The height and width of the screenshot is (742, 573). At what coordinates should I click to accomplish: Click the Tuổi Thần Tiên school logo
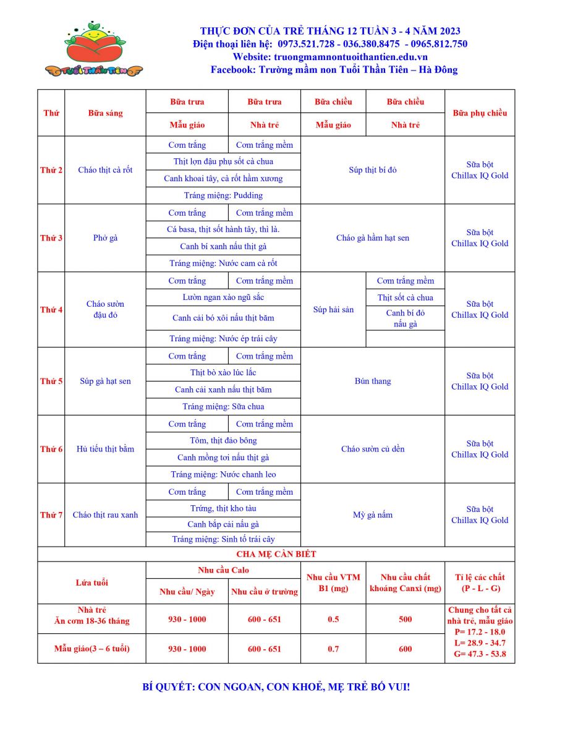[x=94, y=49]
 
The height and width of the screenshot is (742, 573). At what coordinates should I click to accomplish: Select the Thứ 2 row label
[x=51, y=170]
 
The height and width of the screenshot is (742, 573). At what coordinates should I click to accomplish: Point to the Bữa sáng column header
[x=105, y=113]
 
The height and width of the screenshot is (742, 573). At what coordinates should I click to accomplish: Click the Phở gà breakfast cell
[x=105, y=238]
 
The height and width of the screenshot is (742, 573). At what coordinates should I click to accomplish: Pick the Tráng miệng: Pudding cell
[x=223, y=195]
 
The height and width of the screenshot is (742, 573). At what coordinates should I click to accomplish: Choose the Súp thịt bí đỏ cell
[x=373, y=170]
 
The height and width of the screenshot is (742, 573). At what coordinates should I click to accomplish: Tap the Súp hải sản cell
[x=333, y=309]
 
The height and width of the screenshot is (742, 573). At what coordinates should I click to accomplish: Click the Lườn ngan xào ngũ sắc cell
[x=223, y=297]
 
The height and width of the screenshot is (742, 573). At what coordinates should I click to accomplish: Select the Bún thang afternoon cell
[x=373, y=381]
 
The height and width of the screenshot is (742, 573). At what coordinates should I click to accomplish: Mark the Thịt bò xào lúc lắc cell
[x=223, y=372]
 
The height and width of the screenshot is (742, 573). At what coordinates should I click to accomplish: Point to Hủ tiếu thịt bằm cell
[x=105, y=449]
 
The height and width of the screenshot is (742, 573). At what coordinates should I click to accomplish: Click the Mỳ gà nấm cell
[x=373, y=514]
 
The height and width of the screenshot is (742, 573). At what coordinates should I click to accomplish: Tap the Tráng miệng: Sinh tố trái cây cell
[x=223, y=539]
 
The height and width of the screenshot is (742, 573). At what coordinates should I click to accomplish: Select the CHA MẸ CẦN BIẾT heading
[x=276, y=554]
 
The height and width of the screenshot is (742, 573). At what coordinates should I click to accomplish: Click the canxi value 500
[x=405, y=619]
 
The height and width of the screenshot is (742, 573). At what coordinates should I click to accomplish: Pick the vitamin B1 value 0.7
[x=333, y=649]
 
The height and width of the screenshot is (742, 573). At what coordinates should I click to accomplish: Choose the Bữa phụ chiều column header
[x=480, y=113]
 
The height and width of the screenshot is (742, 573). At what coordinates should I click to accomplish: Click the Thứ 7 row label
[x=51, y=514]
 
